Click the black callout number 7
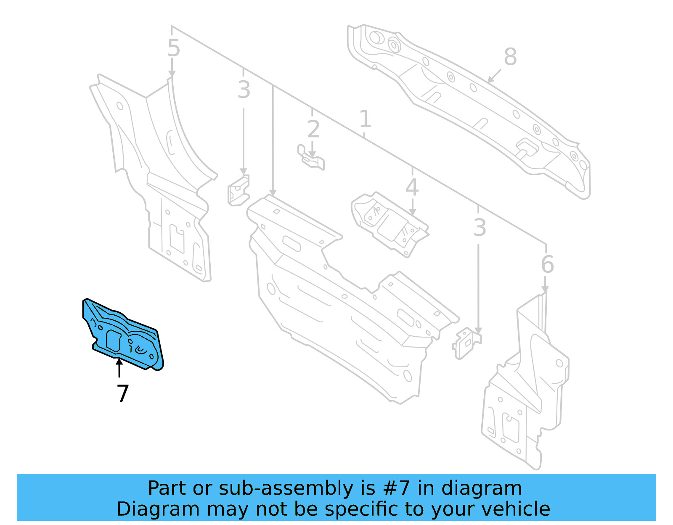click(122, 393)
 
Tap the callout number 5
click(174, 48)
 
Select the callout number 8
click(510, 57)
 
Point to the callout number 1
click(365, 119)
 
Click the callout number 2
click(313, 129)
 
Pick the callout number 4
click(412, 187)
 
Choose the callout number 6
click(547, 264)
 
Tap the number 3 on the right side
click(480, 228)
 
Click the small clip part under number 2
click(311, 158)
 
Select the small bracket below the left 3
click(238, 191)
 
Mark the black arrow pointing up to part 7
click(119, 368)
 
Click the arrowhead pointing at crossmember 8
click(490, 80)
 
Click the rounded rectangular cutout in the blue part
click(114, 340)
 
